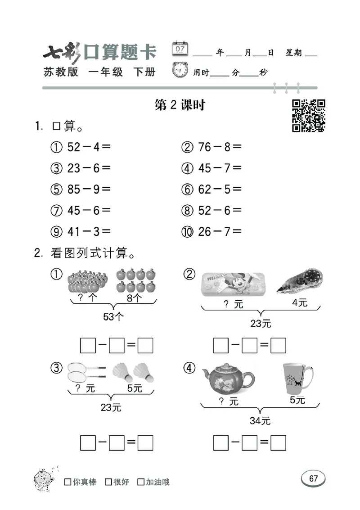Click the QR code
pyautogui.click(x=309, y=116)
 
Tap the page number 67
pyautogui.click(x=313, y=478)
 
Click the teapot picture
pyautogui.click(x=228, y=376)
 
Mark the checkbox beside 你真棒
pyautogui.click(x=68, y=482)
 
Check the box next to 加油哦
pyautogui.click(x=141, y=482)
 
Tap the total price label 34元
pyautogui.click(x=260, y=421)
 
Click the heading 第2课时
pyautogui.click(x=180, y=105)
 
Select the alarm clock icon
pyautogui.click(x=180, y=71)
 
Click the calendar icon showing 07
pyautogui.click(x=180, y=48)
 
